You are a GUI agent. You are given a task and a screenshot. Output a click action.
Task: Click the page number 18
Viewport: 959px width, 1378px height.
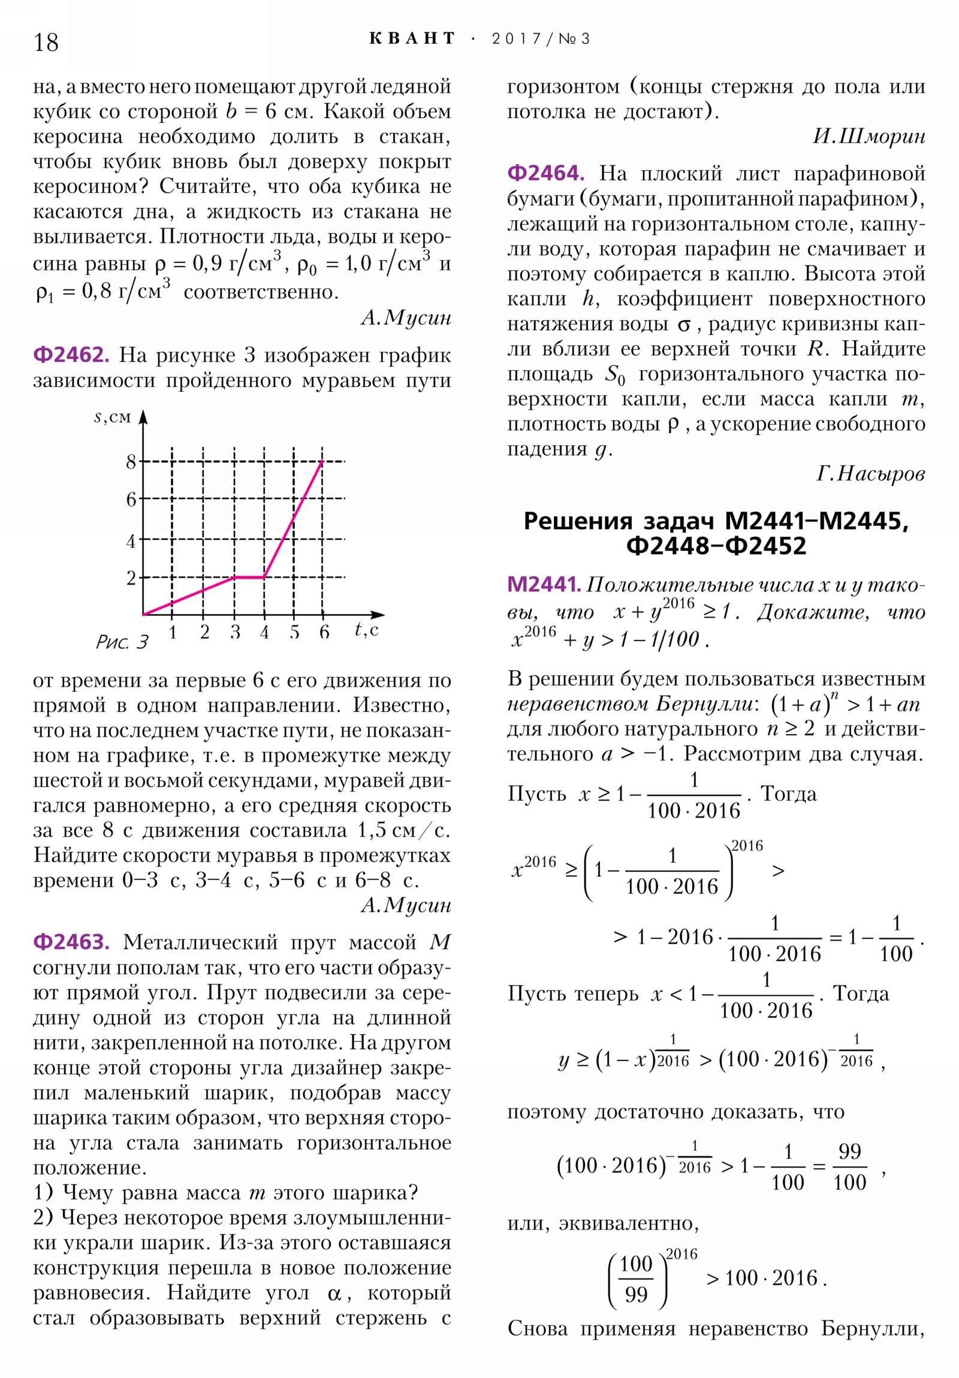tap(46, 43)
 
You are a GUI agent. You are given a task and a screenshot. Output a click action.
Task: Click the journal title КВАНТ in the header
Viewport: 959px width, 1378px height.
tap(412, 39)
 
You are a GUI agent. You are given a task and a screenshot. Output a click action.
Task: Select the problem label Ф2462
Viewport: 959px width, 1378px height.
tap(71, 355)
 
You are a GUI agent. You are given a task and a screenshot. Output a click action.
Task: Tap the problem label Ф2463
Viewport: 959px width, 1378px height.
tap(71, 942)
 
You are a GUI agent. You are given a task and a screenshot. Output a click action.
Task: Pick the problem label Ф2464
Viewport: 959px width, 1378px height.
tap(545, 173)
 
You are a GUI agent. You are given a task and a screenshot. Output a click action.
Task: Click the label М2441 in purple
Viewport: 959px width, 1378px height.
tap(544, 584)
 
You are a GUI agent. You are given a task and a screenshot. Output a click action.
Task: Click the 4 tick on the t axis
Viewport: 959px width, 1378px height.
tap(264, 633)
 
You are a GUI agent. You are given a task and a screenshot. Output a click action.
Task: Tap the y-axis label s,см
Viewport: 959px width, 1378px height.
tap(112, 416)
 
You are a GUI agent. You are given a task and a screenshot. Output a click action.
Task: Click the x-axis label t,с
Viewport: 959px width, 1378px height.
tap(366, 630)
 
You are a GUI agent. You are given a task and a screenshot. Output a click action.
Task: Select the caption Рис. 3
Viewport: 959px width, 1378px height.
tap(122, 643)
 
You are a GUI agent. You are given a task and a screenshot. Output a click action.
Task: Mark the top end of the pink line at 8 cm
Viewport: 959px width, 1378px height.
tap(322, 461)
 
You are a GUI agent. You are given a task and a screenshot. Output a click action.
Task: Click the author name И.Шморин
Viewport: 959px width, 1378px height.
tap(868, 137)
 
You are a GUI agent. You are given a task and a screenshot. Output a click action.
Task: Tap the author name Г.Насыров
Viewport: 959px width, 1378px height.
tap(870, 474)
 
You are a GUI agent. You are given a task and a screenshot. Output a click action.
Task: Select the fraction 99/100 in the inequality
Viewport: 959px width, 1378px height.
tap(849, 1167)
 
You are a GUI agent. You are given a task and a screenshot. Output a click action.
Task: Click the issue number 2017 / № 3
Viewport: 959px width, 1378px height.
tap(541, 39)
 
